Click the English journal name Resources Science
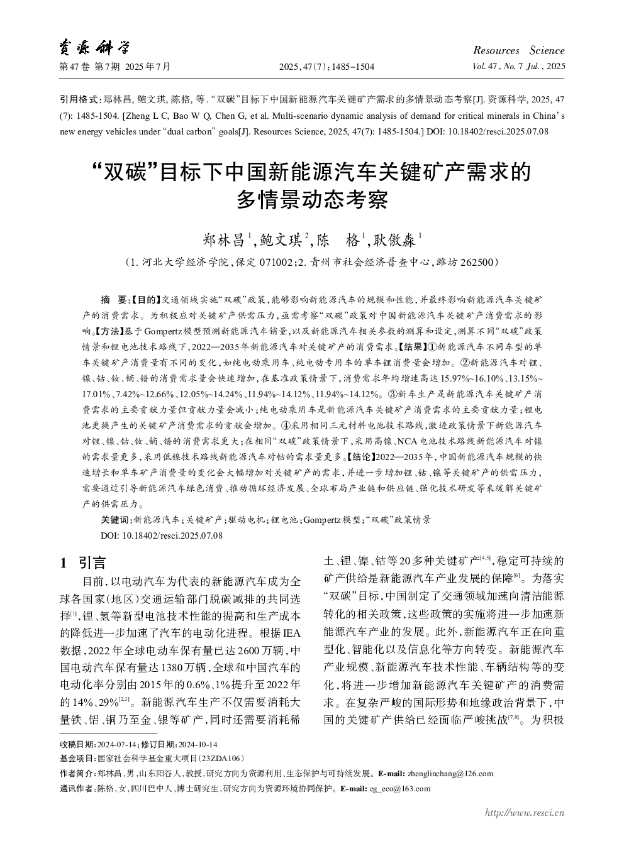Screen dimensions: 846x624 [518, 50]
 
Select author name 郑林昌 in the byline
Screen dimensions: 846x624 [226, 240]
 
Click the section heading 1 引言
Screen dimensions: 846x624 [83, 563]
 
